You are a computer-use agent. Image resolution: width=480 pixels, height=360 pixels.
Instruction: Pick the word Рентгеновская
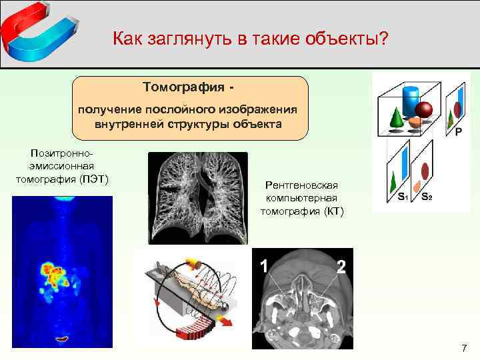point(302,185)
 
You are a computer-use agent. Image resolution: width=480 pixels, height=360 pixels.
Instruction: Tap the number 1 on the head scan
point(263,267)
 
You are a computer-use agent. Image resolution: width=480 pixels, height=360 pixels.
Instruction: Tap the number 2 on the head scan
point(341,267)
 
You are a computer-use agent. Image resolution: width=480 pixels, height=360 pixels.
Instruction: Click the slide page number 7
point(465,348)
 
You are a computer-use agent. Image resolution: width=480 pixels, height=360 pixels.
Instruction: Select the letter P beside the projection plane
point(459,132)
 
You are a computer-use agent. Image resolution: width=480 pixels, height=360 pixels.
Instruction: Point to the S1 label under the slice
point(403,197)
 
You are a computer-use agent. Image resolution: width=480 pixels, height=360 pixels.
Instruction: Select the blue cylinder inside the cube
point(411,99)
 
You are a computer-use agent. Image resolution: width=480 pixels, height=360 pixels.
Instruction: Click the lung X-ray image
point(197,197)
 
